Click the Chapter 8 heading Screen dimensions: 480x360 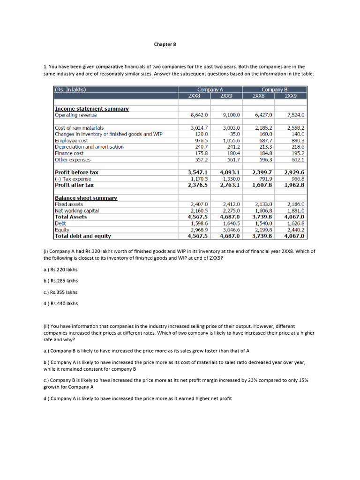165,45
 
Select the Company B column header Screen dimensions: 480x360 274,89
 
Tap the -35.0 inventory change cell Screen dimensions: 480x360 232,134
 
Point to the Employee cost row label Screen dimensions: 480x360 71,141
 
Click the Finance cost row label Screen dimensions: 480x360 69,153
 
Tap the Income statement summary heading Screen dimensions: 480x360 91,109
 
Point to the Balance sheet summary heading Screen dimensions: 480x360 86,198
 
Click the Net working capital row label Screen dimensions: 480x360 77,211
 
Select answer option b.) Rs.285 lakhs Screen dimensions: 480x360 60,281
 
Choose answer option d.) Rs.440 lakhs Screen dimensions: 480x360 60,303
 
